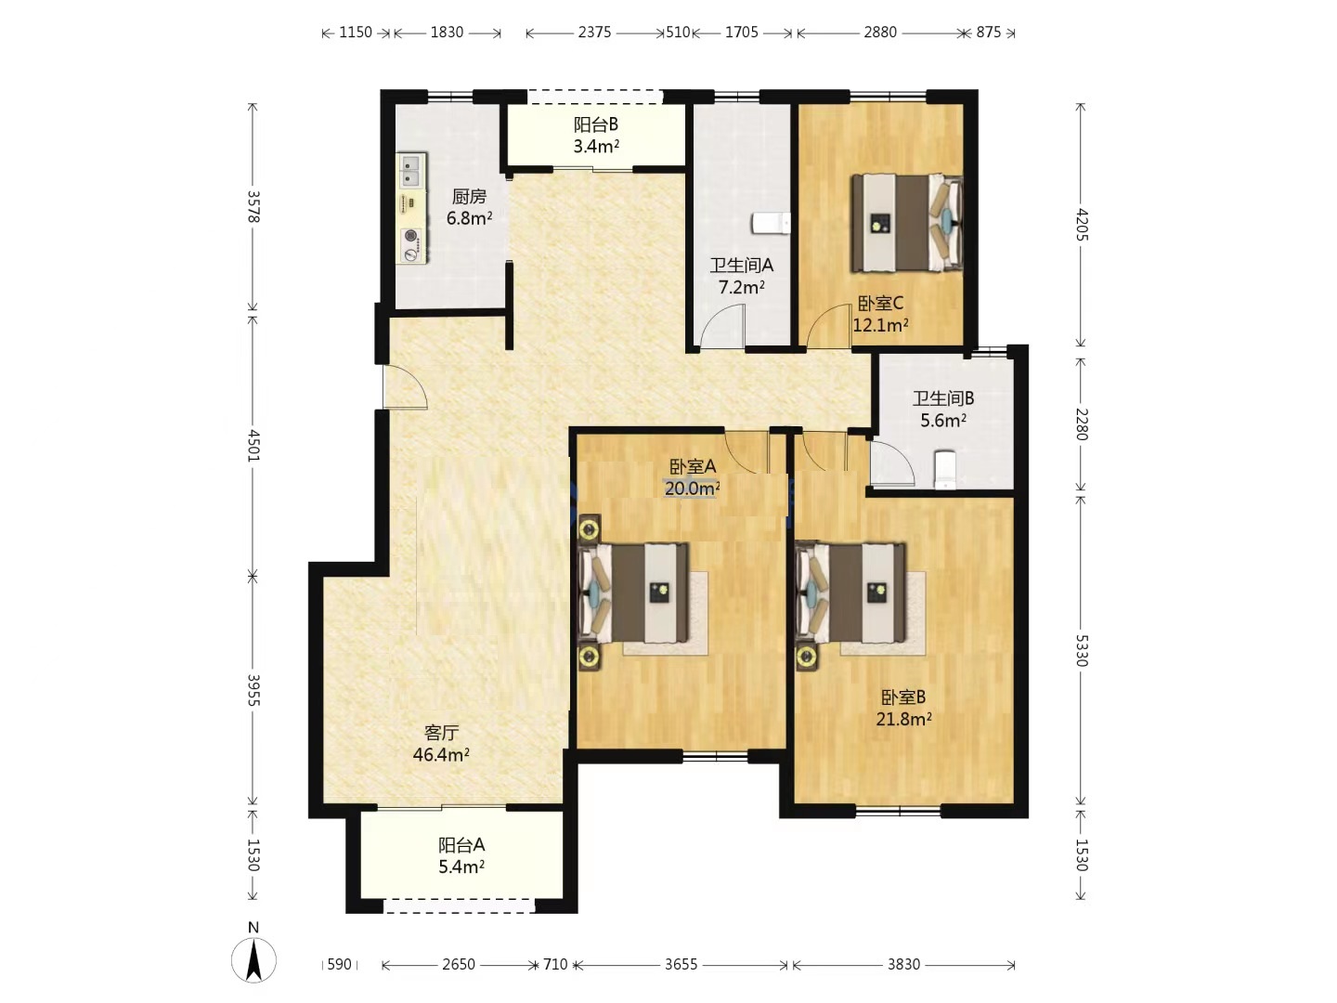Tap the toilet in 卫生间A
(772, 223)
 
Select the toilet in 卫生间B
(945, 470)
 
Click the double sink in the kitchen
(411, 171)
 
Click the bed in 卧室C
(906, 222)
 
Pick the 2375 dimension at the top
(594, 33)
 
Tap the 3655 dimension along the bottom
(681, 964)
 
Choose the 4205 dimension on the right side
(1081, 224)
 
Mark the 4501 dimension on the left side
(253, 445)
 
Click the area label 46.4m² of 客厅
(441, 755)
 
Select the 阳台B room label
(596, 124)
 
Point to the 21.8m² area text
(903, 719)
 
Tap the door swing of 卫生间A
(722, 326)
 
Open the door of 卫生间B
(892, 462)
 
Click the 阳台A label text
(461, 845)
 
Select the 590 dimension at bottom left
(339, 964)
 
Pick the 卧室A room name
(693, 467)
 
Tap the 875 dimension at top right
(988, 33)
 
